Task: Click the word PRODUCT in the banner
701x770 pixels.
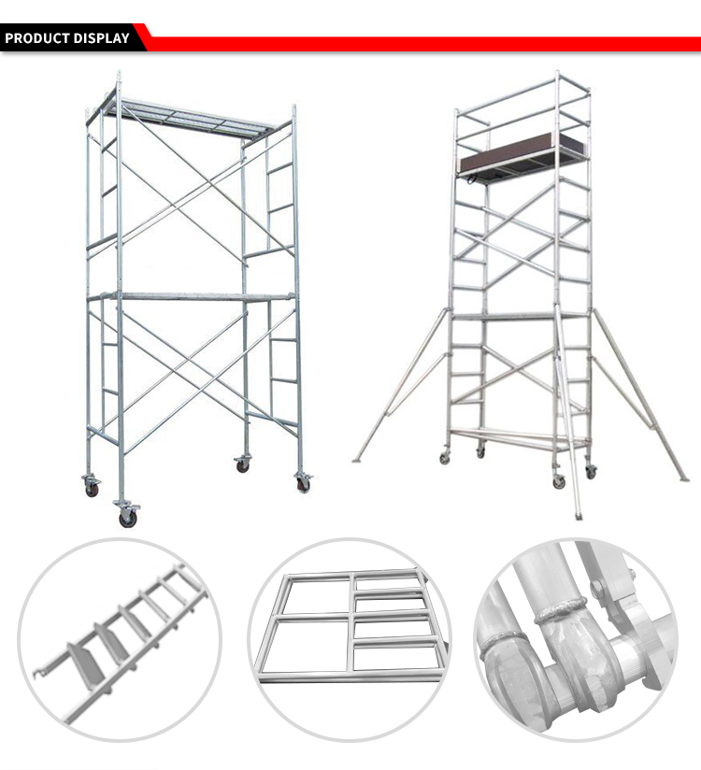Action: (x=37, y=38)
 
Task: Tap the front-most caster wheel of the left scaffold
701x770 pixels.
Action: (x=127, y=519)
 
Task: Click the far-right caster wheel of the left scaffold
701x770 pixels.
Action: (x=304, y=484)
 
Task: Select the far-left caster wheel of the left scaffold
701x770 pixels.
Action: (x=92, y=489)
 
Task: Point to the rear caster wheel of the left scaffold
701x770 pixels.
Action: (x=243, y=466)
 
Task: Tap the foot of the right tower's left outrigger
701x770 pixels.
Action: (x=357, y=461)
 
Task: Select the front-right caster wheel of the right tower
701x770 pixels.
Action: (x=559, y=483)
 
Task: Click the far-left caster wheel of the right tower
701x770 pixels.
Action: (x=445, y=459)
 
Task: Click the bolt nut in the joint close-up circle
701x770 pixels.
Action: (x=597, y=588)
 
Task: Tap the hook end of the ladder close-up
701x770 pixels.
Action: (x=37, y=673)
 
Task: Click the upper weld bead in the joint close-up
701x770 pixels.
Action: (x=562, y=611)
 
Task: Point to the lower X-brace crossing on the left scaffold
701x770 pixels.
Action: (x=188, y=363)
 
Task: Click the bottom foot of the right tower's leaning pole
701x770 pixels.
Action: (x=579, y=516)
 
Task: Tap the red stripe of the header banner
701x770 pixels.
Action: (x=422, y=44)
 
